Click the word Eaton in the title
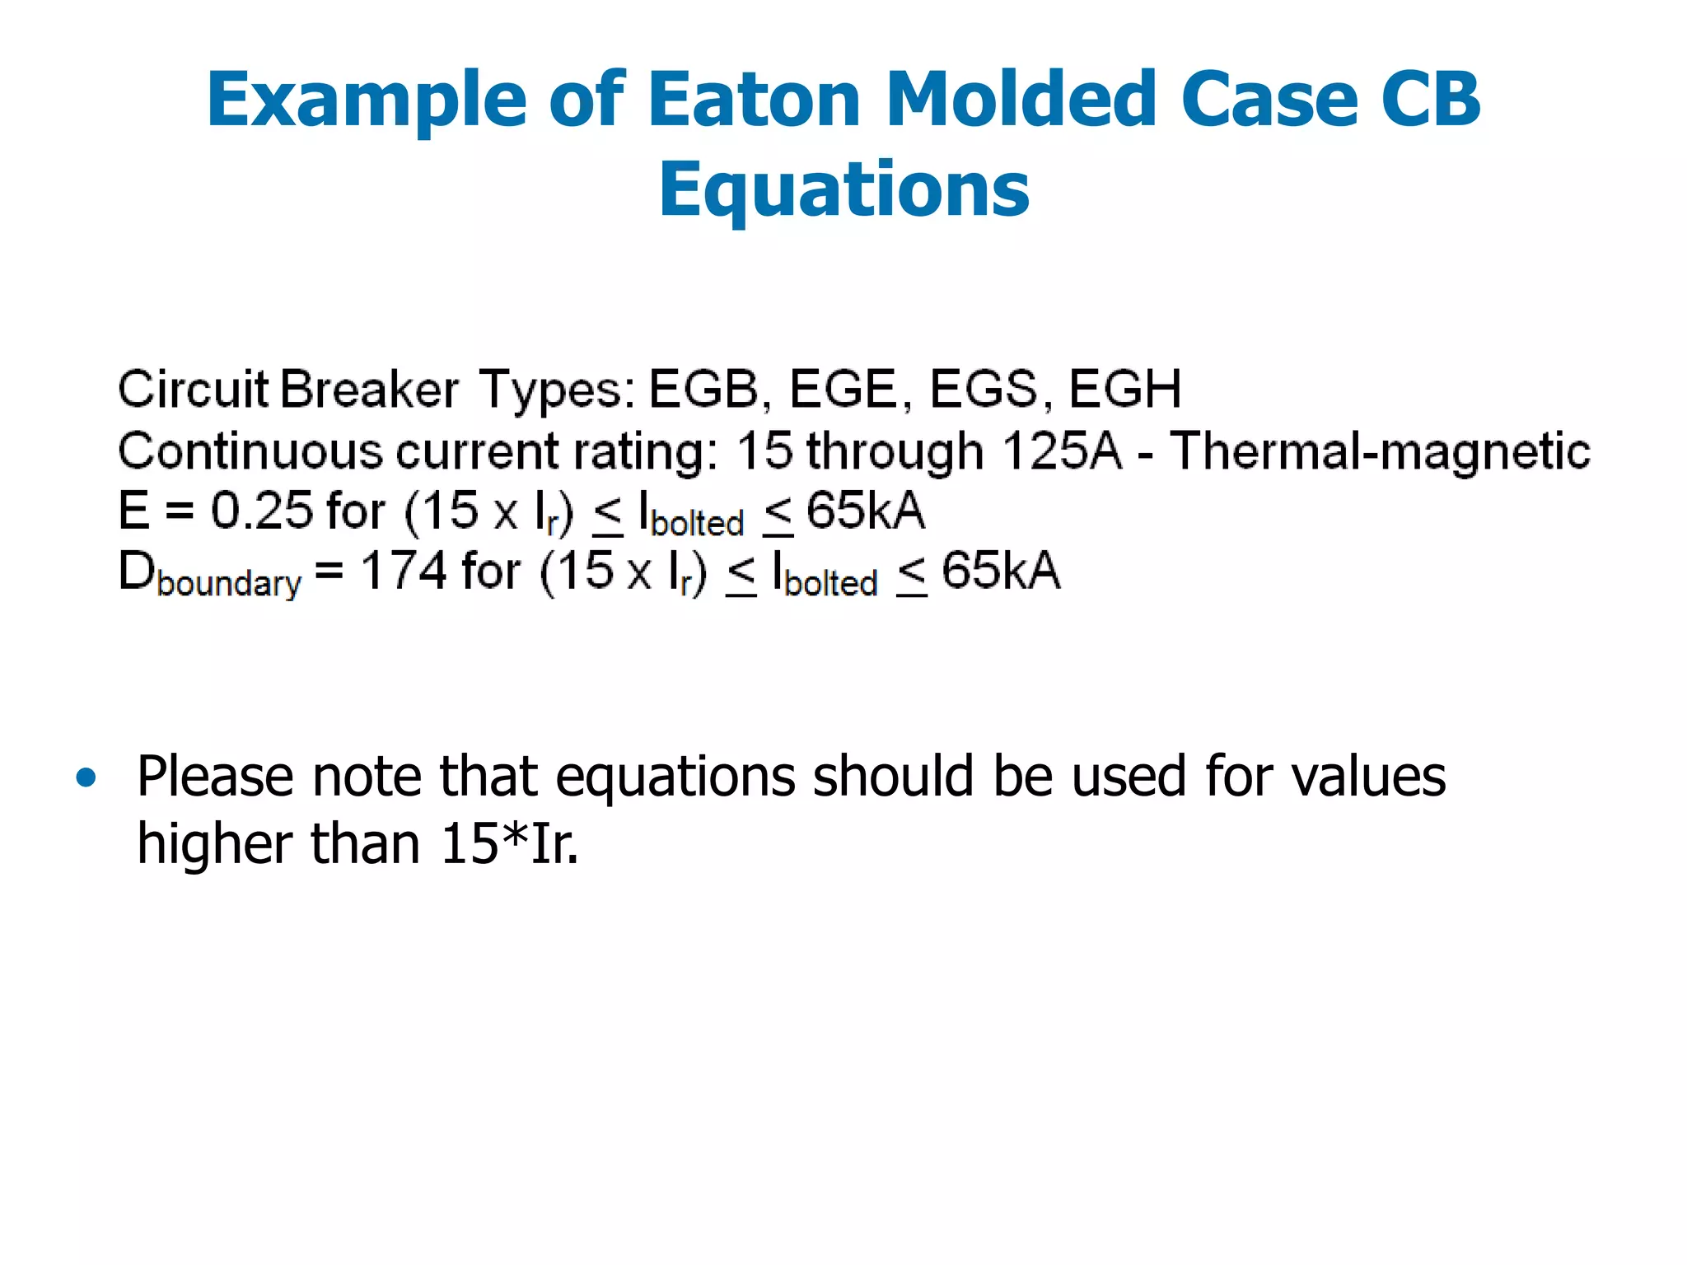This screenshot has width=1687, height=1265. pos(754,100)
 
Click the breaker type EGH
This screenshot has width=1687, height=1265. pos(1125,389)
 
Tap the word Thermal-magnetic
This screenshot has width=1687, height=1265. pos(1380,450)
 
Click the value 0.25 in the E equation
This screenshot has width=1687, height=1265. pos(263,511)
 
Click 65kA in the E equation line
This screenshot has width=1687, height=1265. pos(865,511)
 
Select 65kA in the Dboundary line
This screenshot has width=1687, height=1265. pos(1000,571)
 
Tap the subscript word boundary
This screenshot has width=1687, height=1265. pos(229,583)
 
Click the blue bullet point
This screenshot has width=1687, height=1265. pos(86,777)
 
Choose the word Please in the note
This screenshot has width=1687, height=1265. pos(215,777)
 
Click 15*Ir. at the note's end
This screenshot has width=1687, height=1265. pos(509,843)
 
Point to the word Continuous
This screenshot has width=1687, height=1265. pos(250,450)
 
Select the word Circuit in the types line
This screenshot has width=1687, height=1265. pos(193,389)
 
